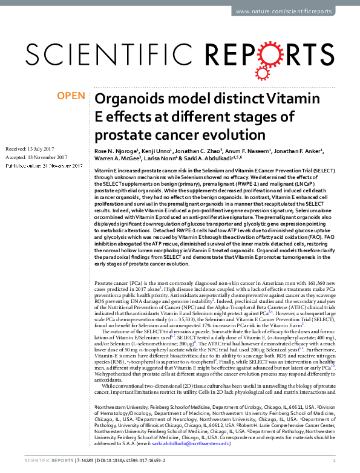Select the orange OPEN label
(70, 96)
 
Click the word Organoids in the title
(129, 99)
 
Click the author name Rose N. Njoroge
(116, 151)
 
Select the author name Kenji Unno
(158, 151)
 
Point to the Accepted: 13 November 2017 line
(36, 156)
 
